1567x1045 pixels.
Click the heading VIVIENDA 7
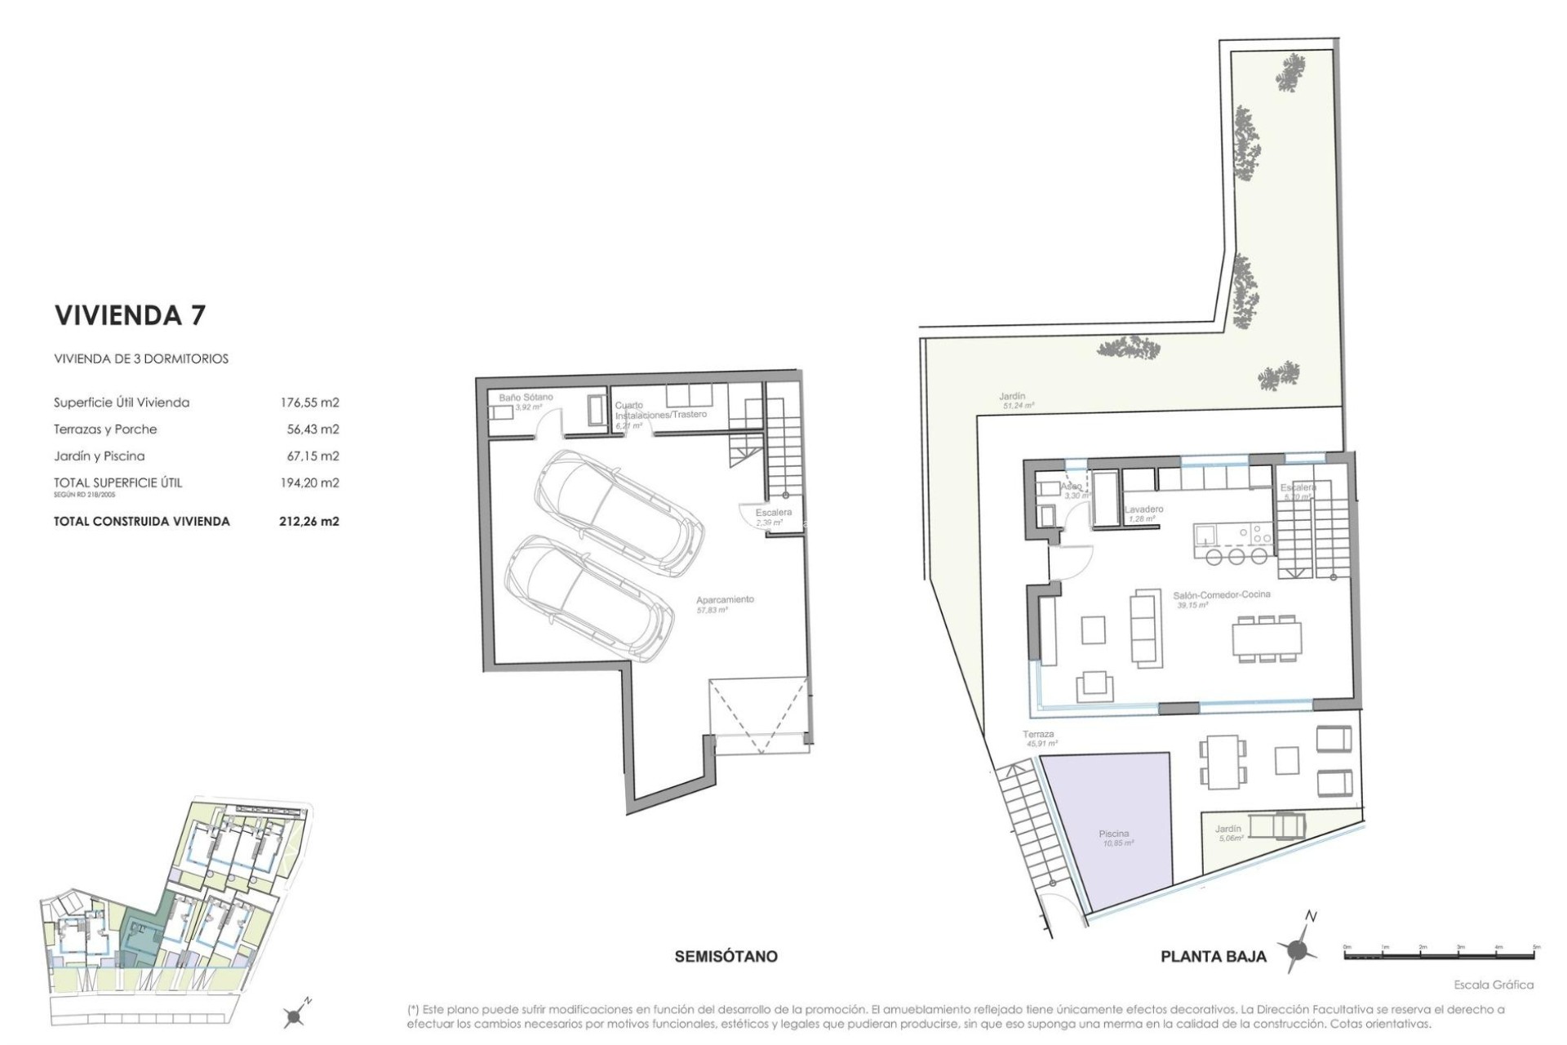click(130, 316)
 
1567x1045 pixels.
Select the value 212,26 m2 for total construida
click(309, 521)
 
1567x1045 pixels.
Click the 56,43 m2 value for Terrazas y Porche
click(309, 429)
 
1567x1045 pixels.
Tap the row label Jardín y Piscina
click(99, 456)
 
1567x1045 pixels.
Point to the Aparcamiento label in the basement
click(725, 600)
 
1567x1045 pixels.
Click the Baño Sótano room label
click(526, 398)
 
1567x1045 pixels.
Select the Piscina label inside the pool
click(1114, 834)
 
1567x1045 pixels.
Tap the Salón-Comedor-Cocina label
click(1222, 595)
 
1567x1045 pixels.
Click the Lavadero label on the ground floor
click(1143, 509)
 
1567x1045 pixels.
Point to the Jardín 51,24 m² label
click(1013, 398)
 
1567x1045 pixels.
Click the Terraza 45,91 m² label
click(1039, 736)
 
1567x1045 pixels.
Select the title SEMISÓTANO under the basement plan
click(726, 956)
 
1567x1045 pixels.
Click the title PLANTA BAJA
click(1214, 957)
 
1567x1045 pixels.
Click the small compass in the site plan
click(295, 1015)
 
